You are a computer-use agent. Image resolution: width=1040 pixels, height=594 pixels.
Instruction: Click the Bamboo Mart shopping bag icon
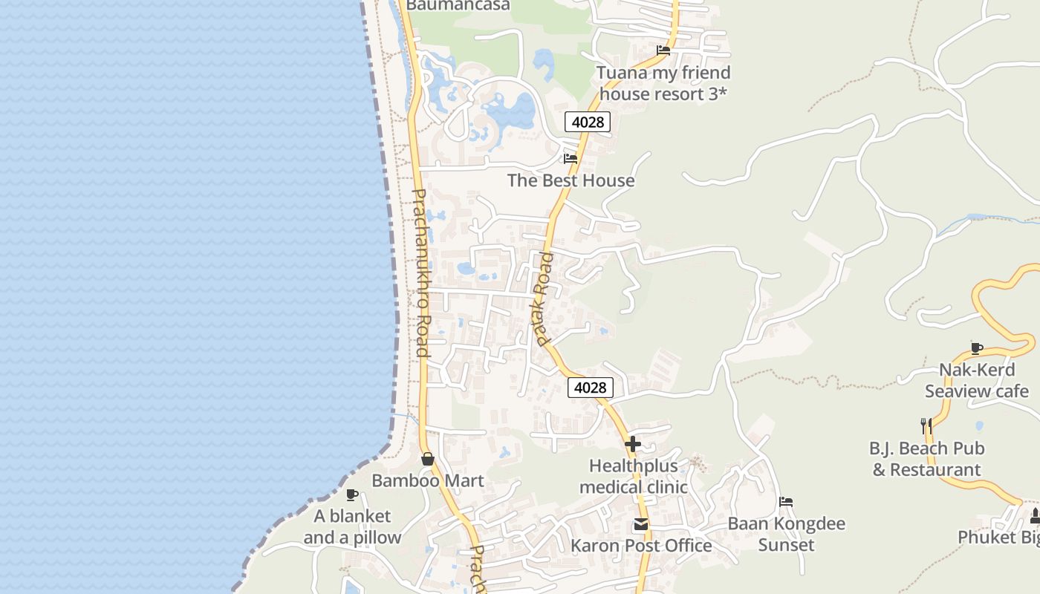click(427, 459)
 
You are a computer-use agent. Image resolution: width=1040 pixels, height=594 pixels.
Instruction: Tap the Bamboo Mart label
click(427, 480)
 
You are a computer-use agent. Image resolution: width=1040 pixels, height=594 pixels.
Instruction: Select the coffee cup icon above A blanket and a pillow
click(352, 495)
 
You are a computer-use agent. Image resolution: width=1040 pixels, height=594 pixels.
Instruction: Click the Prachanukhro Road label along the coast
click(420, 272)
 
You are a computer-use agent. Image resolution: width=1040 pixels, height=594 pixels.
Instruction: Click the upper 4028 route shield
click(587, 122)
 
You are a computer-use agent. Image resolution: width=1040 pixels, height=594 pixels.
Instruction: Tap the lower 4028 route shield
click(591, 387)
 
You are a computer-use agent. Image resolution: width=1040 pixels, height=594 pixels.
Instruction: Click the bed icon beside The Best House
click(571, 158)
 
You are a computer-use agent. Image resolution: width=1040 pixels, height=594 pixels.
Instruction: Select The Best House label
click(571, 180)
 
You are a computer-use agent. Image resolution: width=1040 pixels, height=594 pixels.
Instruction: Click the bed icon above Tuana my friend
click(663, 50)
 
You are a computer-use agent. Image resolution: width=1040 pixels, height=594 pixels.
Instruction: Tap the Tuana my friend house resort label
click(663, 83)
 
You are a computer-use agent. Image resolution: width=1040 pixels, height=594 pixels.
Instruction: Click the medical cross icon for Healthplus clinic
click(633, 444)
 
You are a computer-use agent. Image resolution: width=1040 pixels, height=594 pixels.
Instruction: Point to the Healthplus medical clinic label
click(634, 477)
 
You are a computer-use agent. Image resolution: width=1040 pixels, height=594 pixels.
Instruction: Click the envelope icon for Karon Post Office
click(640, 525)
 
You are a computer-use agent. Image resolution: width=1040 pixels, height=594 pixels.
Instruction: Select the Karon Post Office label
click(641, 546)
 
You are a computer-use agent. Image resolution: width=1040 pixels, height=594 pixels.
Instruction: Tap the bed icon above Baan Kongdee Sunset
click(786, 502)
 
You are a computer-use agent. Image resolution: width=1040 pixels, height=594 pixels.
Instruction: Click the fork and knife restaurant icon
click(926, 425)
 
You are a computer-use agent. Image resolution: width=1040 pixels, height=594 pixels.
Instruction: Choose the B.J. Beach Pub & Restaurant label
click(926, 459)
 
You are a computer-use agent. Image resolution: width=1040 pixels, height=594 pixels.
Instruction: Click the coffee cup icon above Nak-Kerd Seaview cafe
click(977, 347)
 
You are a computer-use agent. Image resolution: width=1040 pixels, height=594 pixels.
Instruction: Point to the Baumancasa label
click(458, 5)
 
